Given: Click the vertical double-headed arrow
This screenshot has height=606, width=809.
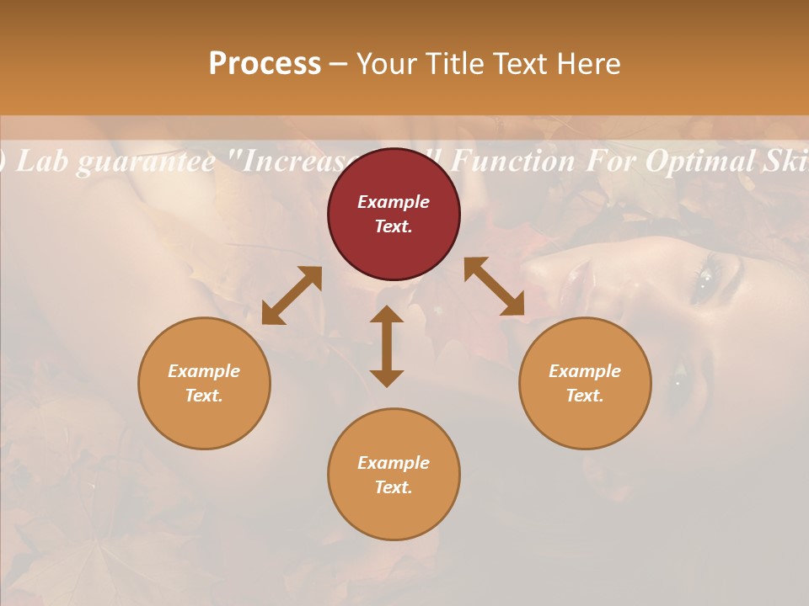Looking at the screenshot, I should [x=387, y=347].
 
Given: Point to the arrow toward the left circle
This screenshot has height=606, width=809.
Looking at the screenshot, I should [x=292, y=295].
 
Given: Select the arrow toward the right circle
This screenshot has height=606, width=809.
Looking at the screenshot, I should [x=495, y=287].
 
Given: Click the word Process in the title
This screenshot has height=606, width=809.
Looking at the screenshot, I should [x=265, y=63].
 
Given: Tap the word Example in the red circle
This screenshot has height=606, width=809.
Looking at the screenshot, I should [x=394, y=202].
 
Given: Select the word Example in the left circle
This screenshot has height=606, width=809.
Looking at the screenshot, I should [x=204, y=371].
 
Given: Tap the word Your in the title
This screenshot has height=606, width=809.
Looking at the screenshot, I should [x=386, y=63].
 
